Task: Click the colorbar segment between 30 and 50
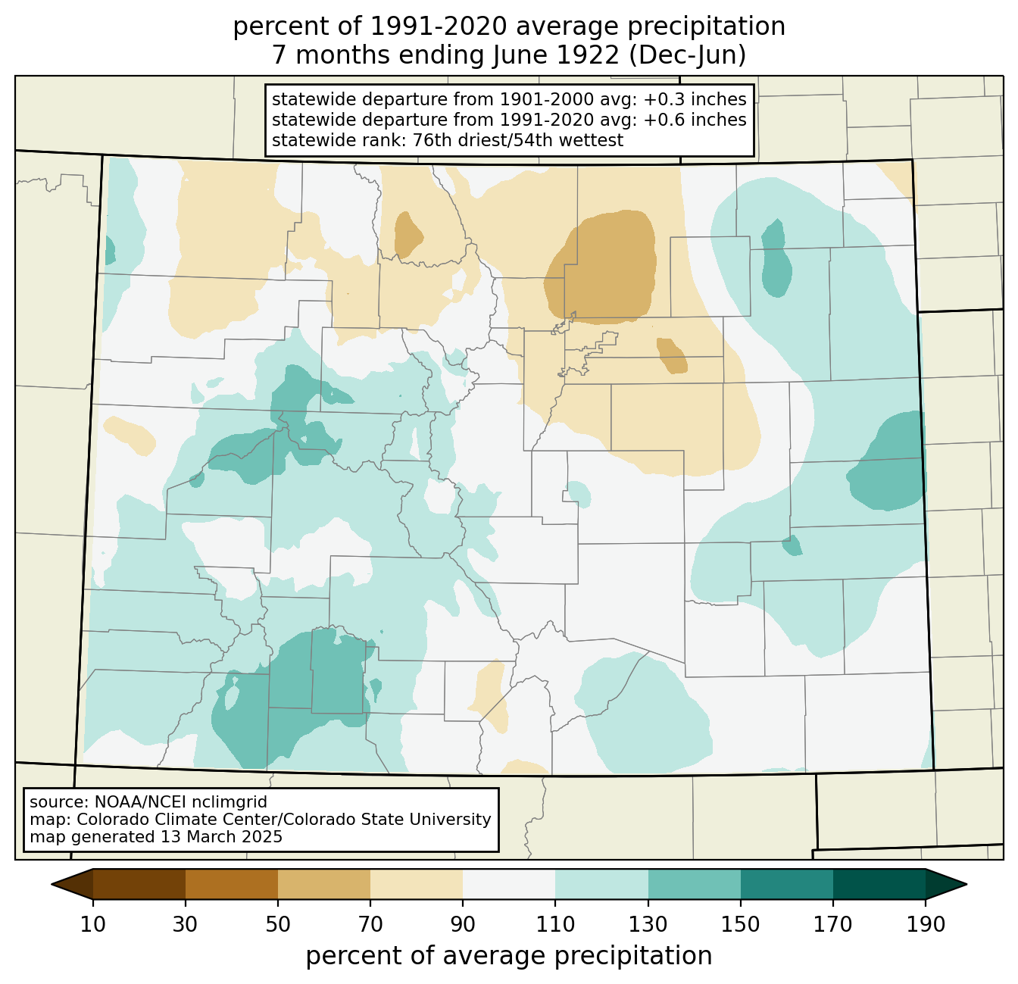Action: point(231,884)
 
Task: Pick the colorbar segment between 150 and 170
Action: point(787,884)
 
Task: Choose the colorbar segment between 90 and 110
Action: point(509,884)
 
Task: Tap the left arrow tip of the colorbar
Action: point(52,884)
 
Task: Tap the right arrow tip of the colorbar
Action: point(966,884)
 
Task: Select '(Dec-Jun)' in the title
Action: point(688,55)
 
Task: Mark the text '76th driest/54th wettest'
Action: point(518,140)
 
